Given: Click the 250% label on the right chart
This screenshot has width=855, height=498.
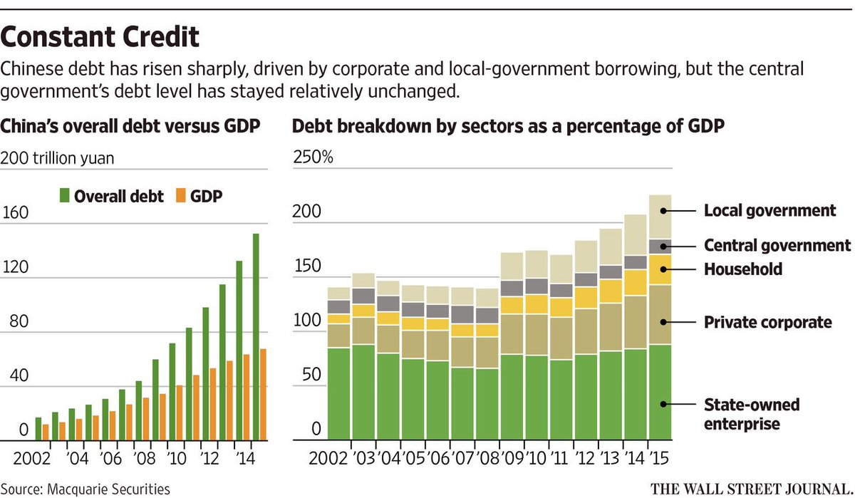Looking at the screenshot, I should click(313, 157).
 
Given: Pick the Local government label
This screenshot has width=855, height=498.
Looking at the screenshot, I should click(769, 211).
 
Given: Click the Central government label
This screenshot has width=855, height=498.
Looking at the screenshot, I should click(777, 246).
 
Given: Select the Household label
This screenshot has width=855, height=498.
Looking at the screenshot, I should click(743, 269).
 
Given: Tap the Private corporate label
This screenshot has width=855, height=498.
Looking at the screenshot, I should click(768, 323).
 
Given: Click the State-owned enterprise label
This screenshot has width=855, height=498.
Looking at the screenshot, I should click(752, 414).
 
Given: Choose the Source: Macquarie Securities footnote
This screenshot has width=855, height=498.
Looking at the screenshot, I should click(85, 489).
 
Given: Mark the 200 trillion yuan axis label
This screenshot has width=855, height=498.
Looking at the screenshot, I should click(57, 158).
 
